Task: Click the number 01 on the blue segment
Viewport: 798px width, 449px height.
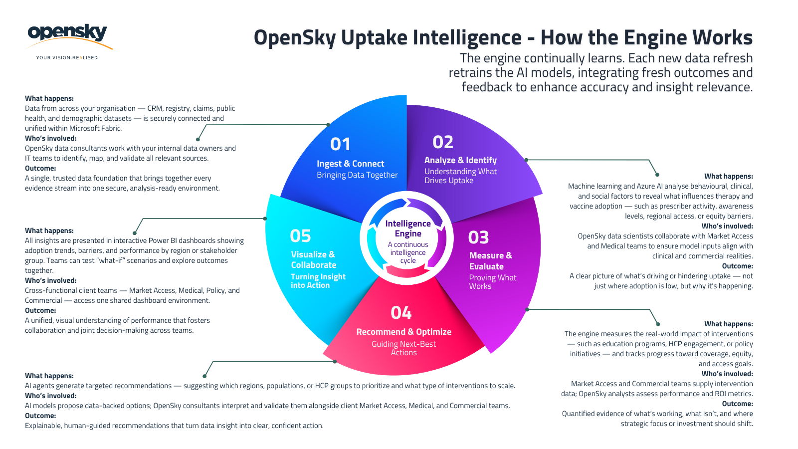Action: pos(340,144)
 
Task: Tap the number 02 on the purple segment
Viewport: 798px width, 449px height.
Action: pos(443,142)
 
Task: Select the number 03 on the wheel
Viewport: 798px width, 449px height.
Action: pos(478,237)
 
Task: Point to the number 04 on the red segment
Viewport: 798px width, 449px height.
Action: pos(401,313)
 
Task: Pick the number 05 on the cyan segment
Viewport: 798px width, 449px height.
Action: pos(300,235)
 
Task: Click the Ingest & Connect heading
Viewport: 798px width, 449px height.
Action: pos(351,164)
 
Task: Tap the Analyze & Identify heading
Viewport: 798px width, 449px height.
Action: pos(460,160)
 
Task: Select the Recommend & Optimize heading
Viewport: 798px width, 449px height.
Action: pos(403,332)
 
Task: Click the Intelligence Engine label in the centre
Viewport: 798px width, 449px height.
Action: pos(408,228)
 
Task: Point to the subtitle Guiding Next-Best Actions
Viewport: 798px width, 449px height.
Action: pos(403,348)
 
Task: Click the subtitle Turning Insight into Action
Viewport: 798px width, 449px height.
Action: pos(318,281)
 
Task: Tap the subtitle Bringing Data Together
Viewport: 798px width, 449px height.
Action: pos(357,175)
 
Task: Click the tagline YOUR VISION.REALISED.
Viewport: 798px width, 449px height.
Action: pos(67,58)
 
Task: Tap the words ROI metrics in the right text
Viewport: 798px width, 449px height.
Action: pos(733,394)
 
